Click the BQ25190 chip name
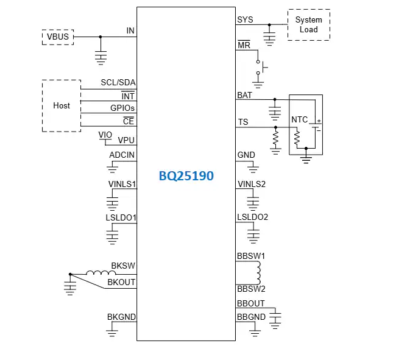[x=186, y=176]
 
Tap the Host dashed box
[x=61, y=105]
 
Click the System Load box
[x=308, y=25]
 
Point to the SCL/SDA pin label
[x=118, y=83]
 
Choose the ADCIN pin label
[x=122, y=155]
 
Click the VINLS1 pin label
[x=121, y=183]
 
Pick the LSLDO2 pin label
[x=252, y=217]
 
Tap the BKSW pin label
[x=123, y=266]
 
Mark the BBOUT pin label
[x=250, y=303]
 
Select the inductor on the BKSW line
[x=96, y=274]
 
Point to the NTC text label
[x=300, y=119]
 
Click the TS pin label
[x=242, y=122]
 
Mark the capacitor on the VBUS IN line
[x=101, y=57]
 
